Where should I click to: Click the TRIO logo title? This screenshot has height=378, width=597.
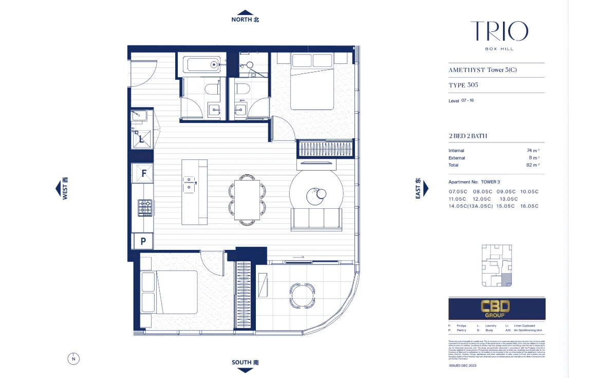pyautogui.click(x=499, y=31)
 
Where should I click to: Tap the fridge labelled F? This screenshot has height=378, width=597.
pyautogui.click(x=143, y=173)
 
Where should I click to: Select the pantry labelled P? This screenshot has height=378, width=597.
pyautogui.click(x=143, y=241)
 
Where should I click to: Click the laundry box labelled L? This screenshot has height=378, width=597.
pyautogui.click(x=142, y=138)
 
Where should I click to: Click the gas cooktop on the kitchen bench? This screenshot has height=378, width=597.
pyautogui.click(x=144, y=208)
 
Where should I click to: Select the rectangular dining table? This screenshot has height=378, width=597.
pyautogui.click(x=246, y=200)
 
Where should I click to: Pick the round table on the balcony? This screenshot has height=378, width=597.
pyautogui.click(x=299, y=293)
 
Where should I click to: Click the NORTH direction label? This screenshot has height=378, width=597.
pyautogui.click(x=246, y=20)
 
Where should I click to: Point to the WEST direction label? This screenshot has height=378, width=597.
pyautogui.click(x=65, y=188)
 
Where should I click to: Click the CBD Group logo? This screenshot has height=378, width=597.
pyautogui.click(x=496, y=308)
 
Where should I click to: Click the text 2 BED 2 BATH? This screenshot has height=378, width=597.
pyautogui.click(x=468, y=136)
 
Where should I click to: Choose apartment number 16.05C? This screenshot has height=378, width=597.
pyautogui.click(x=529, y=206)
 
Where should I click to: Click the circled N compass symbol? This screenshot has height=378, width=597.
pyautogui.click(x=73, y=358)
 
